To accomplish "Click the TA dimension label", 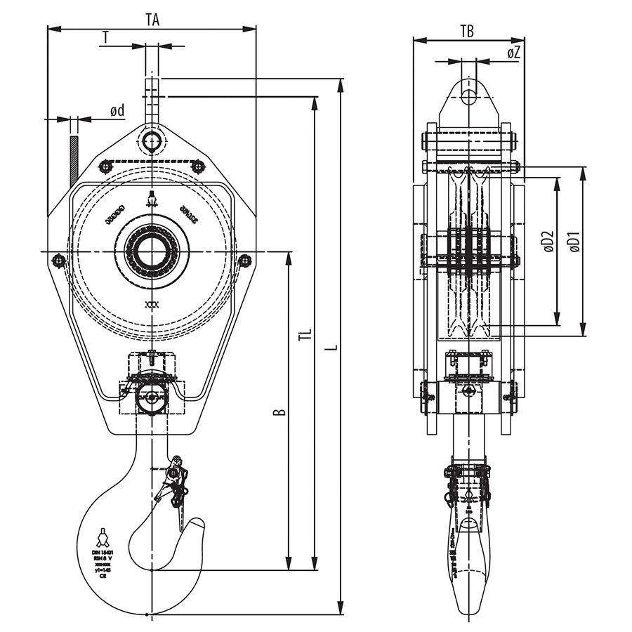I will point(152,20).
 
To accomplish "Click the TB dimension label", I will point(467,30).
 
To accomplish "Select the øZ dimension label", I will point(513,53).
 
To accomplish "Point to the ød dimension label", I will point(117,110).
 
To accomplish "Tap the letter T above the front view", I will point(105,37).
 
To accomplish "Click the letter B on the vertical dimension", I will point(279,411).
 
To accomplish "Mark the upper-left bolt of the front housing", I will point(105,166).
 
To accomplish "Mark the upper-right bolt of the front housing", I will point(198,166).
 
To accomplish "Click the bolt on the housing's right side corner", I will point(244,261).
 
